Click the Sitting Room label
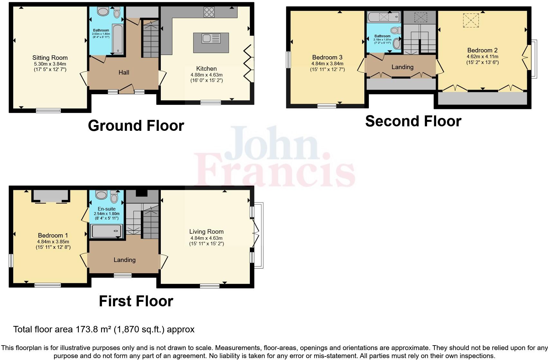pyautogui.click(x=50, y=58)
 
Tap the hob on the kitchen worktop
pyautogui.click(x=209, y=13)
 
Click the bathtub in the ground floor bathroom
pyautogui.click(x=117, y=39)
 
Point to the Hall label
pyautogui.click(x=124, y=73)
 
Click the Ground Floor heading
pyautogui.click(x=136, y=126)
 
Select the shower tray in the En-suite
pyautogui.click(x=106, y=231)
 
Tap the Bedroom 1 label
pyautogui.click(x=53, y=236)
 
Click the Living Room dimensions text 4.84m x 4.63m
pyautogui.click(x=206, y=238)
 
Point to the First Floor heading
pyautogui.click(x=136, y=301)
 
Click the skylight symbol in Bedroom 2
pyautogui.click(x=470, y=20)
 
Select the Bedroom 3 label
pyautogui.click(x=327, y=58)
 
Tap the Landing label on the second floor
pyautogui.click(x=402, y=67)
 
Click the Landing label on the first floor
pyautogui.click(x=124, y=260)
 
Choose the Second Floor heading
pyautogui.click(x=413, y=121)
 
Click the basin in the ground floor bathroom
pyautogui.click(x=103, y=12)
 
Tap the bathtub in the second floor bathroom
pyautogui.click(x=384, y=17)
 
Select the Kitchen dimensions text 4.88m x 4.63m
pyautogui.click(x=206, y=75)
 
